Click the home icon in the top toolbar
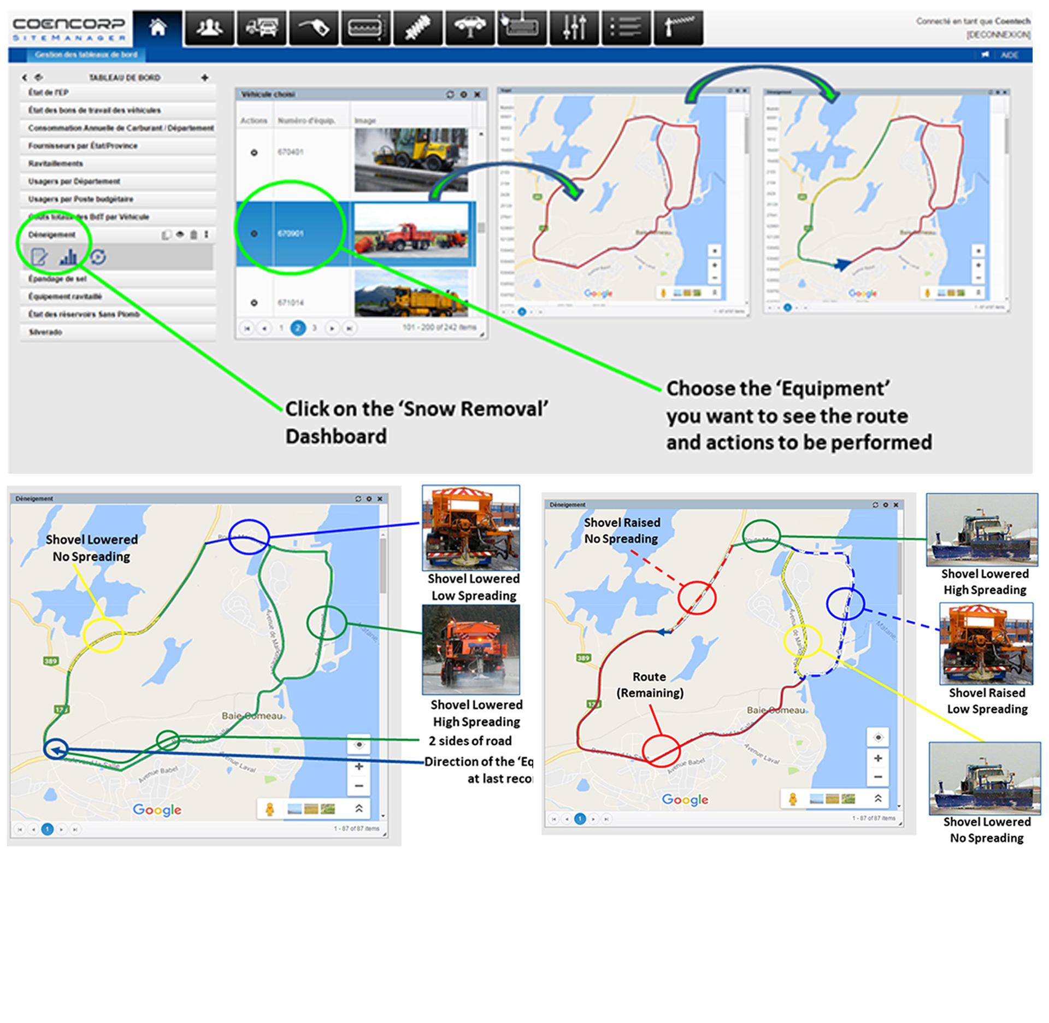(157, 27)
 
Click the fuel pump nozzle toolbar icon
(314, 27)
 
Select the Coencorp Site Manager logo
(69, 28)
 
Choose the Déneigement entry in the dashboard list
(52, 235)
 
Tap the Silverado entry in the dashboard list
(45, 332)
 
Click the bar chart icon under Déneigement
(68, 257)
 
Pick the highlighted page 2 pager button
(298, 328)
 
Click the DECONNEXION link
(998, 35)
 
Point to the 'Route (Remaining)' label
(650, 685)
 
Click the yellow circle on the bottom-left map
(103, 635)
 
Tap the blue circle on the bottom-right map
(845, 604)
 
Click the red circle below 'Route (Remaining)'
(661, 750)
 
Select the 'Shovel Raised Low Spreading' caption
(987, 701)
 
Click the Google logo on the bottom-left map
(157, 809)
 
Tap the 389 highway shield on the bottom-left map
(50, 661)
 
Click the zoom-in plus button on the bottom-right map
(878, 759)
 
